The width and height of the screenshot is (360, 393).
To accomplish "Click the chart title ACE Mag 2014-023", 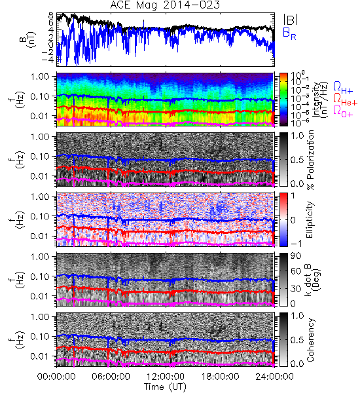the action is coord(165,5).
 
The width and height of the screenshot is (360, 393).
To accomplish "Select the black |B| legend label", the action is coord(291,20).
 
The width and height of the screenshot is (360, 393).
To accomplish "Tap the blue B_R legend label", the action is coord(289,33).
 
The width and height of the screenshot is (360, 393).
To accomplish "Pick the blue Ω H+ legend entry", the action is coord(343,88).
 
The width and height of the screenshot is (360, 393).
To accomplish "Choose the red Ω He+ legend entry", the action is coord(345,100).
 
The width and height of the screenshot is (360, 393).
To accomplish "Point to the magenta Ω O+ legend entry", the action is coord(343,111).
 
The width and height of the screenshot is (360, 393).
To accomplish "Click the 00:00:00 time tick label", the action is coord(56,377).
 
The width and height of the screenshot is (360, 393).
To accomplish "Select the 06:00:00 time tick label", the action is coord(111,377).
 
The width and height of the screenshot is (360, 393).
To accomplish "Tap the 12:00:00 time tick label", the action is coord(166,377).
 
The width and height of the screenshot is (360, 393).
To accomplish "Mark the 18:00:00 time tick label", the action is coord(220,377).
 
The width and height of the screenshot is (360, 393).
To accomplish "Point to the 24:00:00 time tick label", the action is coord(274,377).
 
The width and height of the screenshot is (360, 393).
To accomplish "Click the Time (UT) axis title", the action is coord(166,386).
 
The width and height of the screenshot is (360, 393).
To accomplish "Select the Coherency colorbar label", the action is coord(310,340).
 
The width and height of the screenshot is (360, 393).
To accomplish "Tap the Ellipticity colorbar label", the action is coord(310,219).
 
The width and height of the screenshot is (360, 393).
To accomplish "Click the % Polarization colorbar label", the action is coord(310,160).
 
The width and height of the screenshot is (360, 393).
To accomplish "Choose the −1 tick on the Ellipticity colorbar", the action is coord(296,244).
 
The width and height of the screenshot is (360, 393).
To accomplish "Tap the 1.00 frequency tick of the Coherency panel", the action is coord(41,316).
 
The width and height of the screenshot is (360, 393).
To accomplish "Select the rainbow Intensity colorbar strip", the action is coord(283,100).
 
